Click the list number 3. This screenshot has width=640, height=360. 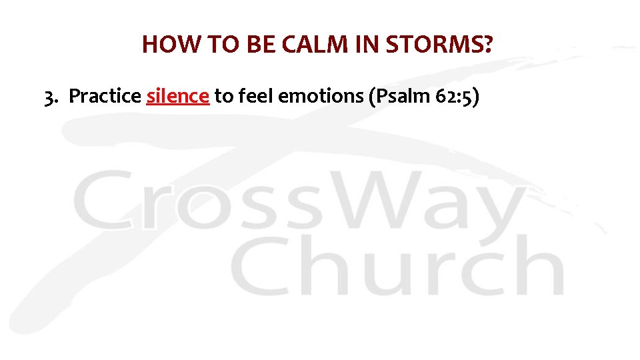click(50, 97)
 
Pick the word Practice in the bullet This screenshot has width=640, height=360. click(105, 97)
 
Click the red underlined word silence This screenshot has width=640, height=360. click(178, 97)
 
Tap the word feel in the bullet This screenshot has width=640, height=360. click(255, 97)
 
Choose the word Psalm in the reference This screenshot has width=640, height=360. click(397, 97)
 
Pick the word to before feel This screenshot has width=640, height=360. click(223, 97)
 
